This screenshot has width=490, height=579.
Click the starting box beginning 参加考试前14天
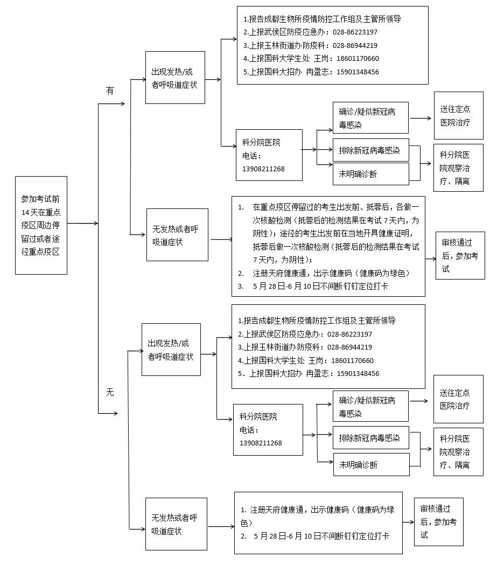tap(41, 225)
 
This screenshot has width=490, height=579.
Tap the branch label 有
tap(110, 91)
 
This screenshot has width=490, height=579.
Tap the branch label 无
tap(110, 392)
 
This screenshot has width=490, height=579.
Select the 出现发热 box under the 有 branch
tap(175, 78)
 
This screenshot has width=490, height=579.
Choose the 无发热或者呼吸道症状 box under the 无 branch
tap(176, 524)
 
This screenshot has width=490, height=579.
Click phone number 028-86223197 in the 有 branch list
tap(355, 32)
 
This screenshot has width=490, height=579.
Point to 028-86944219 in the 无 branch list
tap(349, 347)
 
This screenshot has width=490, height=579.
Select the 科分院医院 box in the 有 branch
tap(269, 155)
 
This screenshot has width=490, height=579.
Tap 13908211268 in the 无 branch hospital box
tap(261, 443)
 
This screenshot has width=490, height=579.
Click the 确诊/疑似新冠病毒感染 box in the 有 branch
tap(370, 118)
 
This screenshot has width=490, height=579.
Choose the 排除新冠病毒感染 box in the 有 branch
tap(370, 150)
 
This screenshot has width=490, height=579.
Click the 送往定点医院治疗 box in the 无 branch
tap(458, 399)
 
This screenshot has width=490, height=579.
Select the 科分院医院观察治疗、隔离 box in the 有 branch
tap(458, 168)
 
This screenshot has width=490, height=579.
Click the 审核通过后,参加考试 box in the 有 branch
tap(460, 255)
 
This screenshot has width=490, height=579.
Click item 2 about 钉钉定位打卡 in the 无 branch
tap(321, 536)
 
